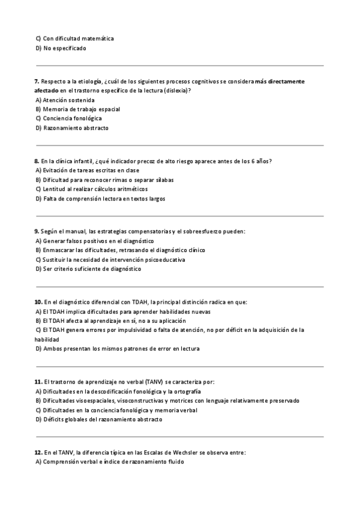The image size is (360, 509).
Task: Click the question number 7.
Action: (37, 81)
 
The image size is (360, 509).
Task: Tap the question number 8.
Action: (37, 161)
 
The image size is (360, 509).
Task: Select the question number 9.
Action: (37, 231)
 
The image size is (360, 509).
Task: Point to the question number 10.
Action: (38, 302)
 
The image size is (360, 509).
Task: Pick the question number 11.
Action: (38, 382)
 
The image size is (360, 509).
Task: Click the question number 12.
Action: (38, 452)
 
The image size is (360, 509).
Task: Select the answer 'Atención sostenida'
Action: (68, 100)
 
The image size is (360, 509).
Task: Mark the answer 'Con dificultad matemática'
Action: (78, 38)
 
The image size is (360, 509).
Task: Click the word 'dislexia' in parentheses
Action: (177, 90)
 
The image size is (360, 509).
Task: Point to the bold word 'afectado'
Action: (47, 90)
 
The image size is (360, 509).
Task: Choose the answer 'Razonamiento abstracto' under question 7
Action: (76, 128)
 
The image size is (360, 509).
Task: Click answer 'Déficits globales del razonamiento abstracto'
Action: (102, 420)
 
